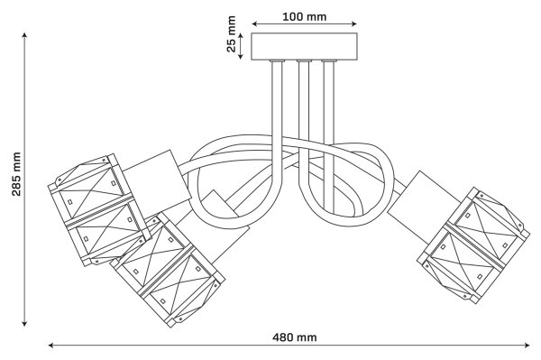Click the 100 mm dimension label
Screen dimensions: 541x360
[305, 16]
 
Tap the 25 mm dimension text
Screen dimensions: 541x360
[231, 33]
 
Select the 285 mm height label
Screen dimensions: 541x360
[16, 174]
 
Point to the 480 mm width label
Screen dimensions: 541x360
[294, 337]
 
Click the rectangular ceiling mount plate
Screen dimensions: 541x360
[304, 47]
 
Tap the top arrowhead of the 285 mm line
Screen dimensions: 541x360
[24, 35]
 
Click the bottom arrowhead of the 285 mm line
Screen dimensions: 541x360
[24, 323]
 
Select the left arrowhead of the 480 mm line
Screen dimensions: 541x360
[51, 345]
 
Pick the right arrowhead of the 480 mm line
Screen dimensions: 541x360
[527, 345]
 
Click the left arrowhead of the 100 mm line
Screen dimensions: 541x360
[254, 23]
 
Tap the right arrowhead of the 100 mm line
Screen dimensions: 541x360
[353, 23]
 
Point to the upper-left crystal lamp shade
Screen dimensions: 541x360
[100, 209]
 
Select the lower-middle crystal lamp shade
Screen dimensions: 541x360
[168, 270]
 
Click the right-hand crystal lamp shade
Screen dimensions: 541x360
[473, 245]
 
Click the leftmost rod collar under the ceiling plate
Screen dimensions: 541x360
[278, 61]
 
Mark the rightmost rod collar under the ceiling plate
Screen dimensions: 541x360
[329, 61]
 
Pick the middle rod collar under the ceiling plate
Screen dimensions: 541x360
[304, 61]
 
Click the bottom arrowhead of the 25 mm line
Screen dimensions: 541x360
[241, 56]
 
